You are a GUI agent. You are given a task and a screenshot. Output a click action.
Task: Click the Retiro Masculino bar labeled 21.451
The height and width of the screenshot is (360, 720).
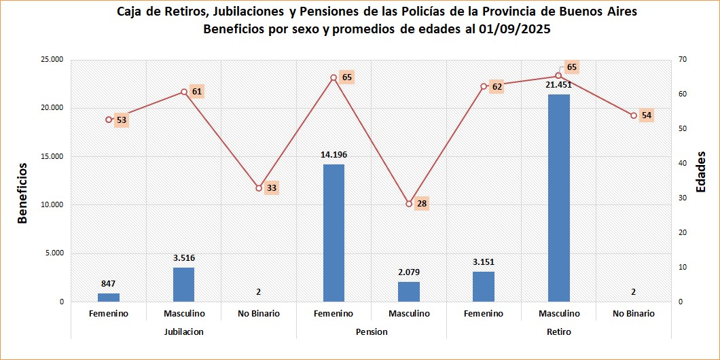(x=559, y=198)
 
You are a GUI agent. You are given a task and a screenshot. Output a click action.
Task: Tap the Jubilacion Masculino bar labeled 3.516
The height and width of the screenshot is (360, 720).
(x=183, y=285)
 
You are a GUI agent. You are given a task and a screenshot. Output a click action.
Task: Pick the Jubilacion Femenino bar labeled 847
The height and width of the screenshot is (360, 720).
(x=109, y=298)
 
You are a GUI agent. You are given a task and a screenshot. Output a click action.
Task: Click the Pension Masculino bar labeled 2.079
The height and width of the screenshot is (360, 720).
(x=409, y=291)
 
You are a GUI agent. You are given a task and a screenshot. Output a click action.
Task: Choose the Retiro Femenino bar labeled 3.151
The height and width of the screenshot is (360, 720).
(x=484, y=287)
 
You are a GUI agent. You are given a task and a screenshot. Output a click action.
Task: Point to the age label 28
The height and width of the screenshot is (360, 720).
(x=422, y=203)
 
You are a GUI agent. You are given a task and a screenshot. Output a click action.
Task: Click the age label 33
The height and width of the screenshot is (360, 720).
(x=272, y=187)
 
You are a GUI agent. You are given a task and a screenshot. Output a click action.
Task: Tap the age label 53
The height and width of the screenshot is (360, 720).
(x=122, y=120)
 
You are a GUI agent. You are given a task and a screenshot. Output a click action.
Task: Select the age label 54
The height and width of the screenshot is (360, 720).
(x=647, y=115)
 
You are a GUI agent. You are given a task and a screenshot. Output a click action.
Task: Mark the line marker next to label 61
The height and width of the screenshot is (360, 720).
(x=183, y=92)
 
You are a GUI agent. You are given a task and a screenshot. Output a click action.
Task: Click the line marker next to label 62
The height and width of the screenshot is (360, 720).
(x=484, y=86)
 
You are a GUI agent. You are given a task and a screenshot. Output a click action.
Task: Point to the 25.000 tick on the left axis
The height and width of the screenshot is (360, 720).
(x=52, y=60)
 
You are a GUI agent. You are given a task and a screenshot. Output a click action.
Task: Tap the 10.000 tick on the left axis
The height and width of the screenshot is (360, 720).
(x=52, y=205)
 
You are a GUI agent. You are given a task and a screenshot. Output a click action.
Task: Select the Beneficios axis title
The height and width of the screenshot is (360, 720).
(x=22, y=193)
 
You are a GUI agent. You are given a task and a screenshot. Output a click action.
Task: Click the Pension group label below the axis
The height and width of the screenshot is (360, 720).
(x=372, y=332)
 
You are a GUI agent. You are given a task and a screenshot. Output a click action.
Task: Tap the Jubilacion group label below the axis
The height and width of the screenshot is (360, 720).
(x=183, y=332)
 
